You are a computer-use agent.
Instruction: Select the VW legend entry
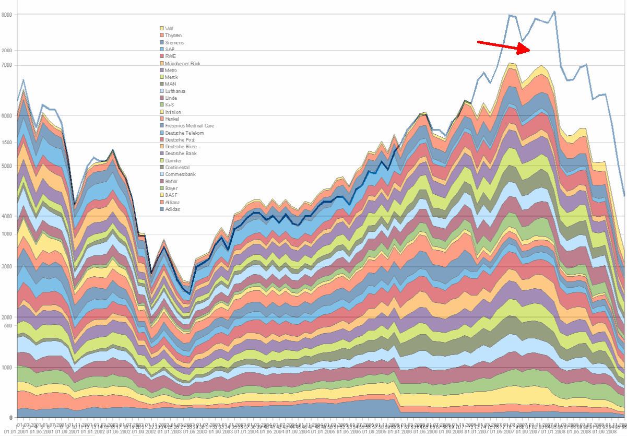coord(169,28)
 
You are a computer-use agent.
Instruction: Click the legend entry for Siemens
coord(174,42)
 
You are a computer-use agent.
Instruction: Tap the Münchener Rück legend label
coord(182,63)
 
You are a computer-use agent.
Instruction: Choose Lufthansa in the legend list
coord(175,91)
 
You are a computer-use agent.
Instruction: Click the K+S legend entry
coord(169,105)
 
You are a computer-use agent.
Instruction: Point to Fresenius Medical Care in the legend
coord(189,126)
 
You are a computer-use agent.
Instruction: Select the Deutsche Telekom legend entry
coord(184,133)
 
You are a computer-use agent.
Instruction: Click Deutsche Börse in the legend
coord(181,147)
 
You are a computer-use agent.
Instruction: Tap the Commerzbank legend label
coord(179,174)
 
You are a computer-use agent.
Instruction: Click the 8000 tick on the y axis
coord(6,15)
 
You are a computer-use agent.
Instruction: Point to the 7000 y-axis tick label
coord(6,65)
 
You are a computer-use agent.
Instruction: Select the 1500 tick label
coord(6,143)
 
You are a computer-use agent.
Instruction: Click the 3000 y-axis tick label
coord(6,267)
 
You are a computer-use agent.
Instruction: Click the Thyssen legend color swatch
coord(162,35)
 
